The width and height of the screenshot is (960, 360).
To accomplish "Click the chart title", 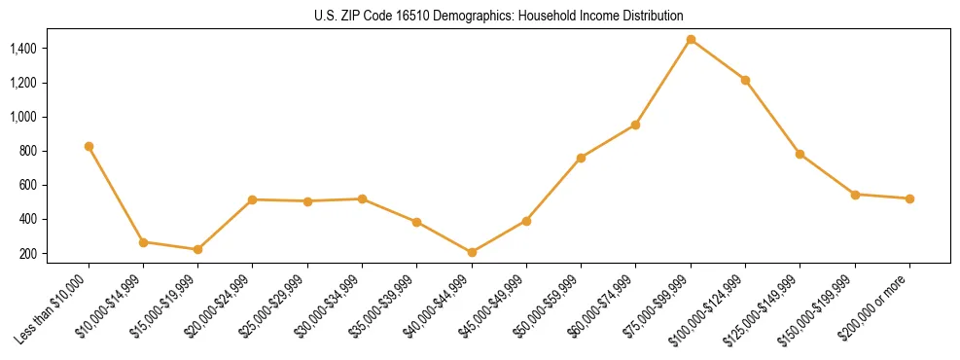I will click(x=499, y=16).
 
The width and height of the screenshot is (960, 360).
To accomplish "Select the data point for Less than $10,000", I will click(x=89, y=146).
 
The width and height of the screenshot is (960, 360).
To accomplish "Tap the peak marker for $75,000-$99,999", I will click(x=691, y=39).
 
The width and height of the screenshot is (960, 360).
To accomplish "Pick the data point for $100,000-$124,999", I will click(x=745, y=80).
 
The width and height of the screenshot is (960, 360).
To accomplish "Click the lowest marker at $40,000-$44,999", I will click(x=472, y=252).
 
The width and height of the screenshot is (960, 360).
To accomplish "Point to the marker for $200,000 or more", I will click(x=909, y=198).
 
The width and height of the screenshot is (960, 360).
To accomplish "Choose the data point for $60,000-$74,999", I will click(x=635, y=125).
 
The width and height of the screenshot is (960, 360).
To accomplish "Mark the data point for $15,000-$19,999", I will click(x=197, y=249).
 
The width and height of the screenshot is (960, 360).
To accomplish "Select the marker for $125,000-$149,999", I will click(x=800, y=154).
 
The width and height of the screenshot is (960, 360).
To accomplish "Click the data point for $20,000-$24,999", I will click(x=252, y=199).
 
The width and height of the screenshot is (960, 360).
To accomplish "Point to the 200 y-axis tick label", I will click(x=27, y=254).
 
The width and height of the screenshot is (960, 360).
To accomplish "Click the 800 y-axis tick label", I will click(x=27, y=151).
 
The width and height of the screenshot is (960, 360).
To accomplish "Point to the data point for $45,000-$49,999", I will click(x=526, y=221).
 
